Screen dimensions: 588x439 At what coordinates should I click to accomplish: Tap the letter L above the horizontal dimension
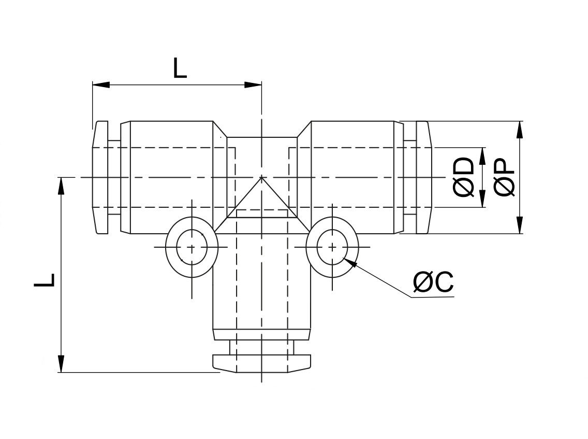180,68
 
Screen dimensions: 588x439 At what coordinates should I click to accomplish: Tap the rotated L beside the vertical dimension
44,280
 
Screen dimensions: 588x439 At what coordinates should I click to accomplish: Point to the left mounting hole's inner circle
192,247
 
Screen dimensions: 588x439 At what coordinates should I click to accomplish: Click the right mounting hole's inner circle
332,247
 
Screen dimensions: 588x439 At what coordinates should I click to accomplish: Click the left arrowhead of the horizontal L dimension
101,84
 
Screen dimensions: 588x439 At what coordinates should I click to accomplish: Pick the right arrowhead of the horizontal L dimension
253,84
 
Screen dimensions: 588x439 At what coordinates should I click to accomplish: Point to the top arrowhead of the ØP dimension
519,130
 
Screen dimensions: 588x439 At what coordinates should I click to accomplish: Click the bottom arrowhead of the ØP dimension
519,225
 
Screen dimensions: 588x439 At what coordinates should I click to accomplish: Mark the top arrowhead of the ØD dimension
482,156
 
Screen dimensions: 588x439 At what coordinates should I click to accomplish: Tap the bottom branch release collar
262,363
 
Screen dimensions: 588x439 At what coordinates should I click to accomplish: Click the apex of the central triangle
262,177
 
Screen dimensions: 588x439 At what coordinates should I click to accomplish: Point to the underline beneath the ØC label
432,297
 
